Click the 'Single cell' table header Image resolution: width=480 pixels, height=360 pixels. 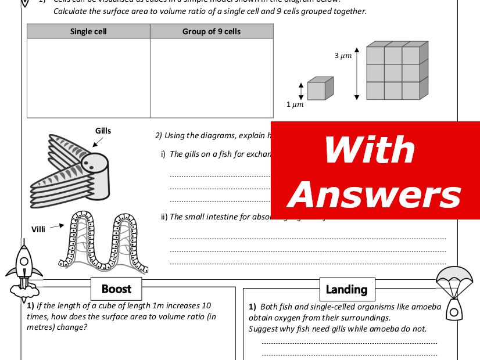88,31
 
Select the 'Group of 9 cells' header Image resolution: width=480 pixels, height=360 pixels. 212,31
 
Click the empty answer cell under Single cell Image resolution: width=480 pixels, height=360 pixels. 88,78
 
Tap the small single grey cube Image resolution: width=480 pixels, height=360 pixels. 319,89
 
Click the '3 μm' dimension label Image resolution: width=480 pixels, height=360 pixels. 343,56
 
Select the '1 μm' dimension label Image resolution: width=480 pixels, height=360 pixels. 295,105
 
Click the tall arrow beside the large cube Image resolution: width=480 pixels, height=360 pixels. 356,73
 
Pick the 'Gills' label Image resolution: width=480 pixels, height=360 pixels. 103,131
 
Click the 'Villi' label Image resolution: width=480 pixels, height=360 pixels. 38,229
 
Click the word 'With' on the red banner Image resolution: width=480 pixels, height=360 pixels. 370,150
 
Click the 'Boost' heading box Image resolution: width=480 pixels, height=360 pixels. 116,289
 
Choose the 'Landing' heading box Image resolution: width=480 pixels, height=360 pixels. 346,289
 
